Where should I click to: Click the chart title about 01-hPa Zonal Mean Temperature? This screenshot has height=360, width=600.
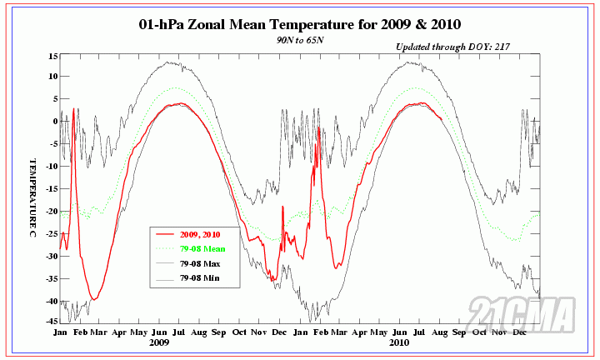click(x=300, y=25)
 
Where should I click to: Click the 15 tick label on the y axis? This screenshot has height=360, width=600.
click(x=52, y=56)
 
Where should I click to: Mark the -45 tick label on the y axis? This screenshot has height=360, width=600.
click(x=51, y=321)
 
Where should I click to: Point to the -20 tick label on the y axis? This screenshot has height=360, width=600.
click(x=51, y=211)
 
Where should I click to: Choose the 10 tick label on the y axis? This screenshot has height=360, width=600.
click(x=52, y=76)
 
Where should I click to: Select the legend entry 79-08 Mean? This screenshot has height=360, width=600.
click(x=201, y=248)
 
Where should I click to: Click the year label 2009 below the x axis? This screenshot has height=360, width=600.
click(x=160, y=342)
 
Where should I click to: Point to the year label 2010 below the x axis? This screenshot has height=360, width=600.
click(x=398, y=342)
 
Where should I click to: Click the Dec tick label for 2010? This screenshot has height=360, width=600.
click(x=521, y=332)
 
